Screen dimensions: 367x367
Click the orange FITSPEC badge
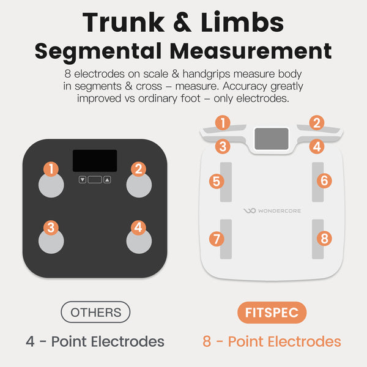pyautogui.click(x=272, y=313)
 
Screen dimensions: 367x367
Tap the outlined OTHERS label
pyautogui.click(x=95, y=312)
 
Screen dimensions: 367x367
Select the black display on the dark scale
pyautogui.click(x=95, y=161)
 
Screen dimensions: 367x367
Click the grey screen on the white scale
pyautogui.click(x=272, y=139)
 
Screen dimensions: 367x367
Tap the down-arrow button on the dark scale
pyautogui.click(x=83, y=180)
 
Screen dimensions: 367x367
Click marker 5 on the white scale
pyautogui.click(x=217, y=181)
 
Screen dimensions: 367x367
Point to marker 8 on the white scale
pyautogui.click(x=324, y=239)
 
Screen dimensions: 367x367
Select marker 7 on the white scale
pyautogui.click(x=217, y=239)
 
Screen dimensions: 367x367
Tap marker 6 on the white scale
pyautogui.click(x=324, y=180)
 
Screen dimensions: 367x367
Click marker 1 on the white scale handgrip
pyautogui.click(x=223, y=123)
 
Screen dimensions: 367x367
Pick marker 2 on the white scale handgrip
pyautogui.click(x=317, y=123)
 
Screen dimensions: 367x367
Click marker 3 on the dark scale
pyautogui.click(x=51, y=228)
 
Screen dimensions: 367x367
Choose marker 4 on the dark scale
pyautogui.click(x=138, y=228)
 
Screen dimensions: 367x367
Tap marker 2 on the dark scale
pyautogui.click(x=138, y=169)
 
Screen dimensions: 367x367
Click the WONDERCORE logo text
pyautogui.click(x=280, y=211)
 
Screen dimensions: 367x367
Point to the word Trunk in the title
pyautogui.click(x=124, y=22)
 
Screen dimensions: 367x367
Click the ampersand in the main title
pyautogui.click(x=182, y=22)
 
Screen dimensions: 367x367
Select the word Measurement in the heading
pyautogui.click(x=251, y=51)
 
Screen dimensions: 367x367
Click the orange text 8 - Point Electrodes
pyautogui.click(x=272, y=341)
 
